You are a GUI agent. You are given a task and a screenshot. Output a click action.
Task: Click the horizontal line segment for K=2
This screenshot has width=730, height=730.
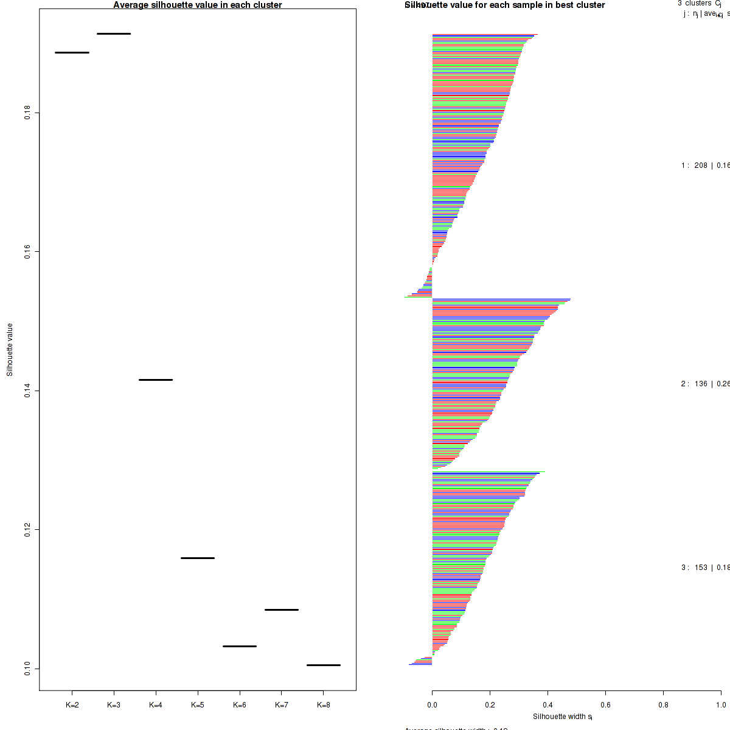(x=72, y=53)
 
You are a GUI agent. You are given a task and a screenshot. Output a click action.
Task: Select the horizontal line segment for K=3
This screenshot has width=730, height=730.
(x=114, y=34)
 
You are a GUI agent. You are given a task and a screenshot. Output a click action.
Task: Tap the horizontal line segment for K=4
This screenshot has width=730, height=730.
(x=156, y=380)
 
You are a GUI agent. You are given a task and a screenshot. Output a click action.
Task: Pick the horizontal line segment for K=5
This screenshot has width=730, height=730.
(x=198, y=558)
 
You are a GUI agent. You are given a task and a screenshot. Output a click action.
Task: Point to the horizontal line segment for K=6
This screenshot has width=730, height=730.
(x=240, y=646)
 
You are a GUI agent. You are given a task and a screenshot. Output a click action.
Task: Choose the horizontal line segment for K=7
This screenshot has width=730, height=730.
(x=282, y=610)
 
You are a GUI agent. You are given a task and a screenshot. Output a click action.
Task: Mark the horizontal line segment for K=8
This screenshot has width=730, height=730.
(x=324, y=666)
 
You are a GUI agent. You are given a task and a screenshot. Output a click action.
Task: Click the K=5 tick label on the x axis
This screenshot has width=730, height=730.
(x=198, y=706)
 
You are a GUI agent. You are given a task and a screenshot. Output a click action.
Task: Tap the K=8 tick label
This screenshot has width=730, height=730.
(x=324, y=706)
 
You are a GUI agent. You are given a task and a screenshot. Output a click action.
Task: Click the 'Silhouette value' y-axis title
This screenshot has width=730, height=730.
(x=10, y=350)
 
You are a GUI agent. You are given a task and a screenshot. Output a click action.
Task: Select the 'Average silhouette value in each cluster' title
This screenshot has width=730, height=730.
(x=198, y=5)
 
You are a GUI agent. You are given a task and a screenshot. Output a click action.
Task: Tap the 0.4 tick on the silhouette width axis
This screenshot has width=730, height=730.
(x=547, y=706)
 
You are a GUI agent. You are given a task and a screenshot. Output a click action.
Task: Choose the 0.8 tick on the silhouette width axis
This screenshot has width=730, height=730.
(x=663, y=706)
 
